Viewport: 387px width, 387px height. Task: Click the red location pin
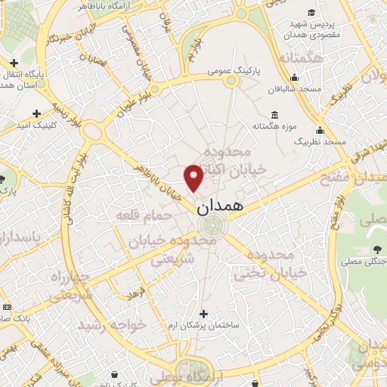[x=193, y=176]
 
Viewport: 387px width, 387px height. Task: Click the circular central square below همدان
[x=212, y=224]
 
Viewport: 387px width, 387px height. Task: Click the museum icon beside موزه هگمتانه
[x=274, y=115]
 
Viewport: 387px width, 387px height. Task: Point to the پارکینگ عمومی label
[x=234, y=71]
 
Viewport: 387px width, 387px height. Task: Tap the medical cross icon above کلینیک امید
[x=36, y=113]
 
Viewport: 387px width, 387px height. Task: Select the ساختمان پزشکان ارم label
[x=203, y=324]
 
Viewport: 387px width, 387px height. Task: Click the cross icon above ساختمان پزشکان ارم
[x=203, y=313]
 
